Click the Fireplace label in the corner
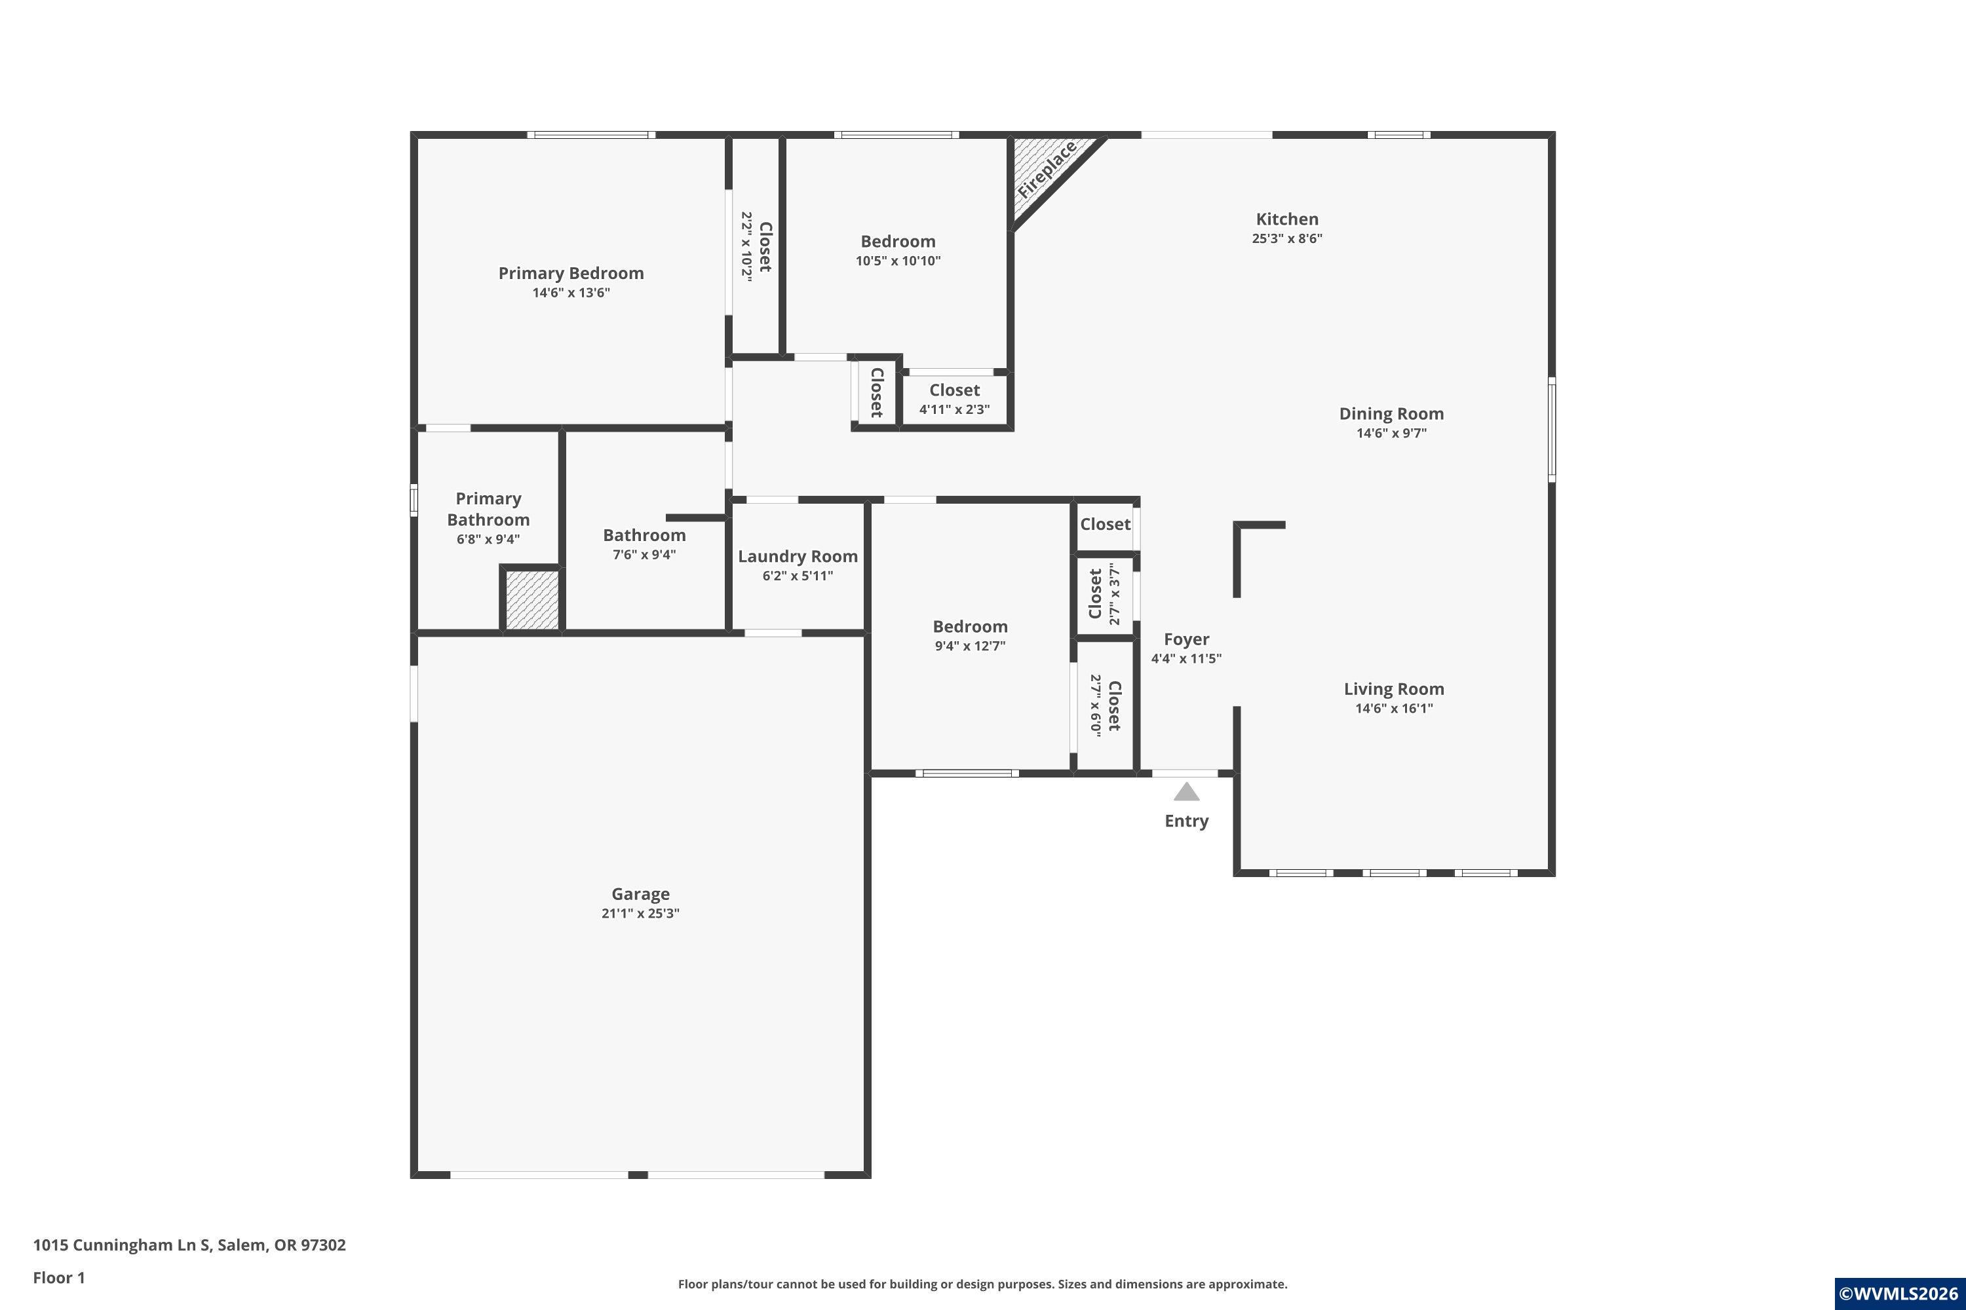tap(1047, 170)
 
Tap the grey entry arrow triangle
tap(1186, 792)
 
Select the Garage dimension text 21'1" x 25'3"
tap(640, 913)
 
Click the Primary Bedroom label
tap(571, 273)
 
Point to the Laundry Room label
tap(798, 556)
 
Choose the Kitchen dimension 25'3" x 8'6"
tap(1287, 238)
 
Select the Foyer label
tap(1186, 639)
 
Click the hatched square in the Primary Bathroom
tap(532, 600)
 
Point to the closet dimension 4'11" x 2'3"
tap(955, 409)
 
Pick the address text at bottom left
tap(189, 1245)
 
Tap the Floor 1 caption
tap(58, 1277)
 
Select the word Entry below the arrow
tap(1186, 821)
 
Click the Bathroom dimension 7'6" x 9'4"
tap(644, 555)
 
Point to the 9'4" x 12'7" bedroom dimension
tap(970, 646)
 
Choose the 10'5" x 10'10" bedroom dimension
tap(898, 261)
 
